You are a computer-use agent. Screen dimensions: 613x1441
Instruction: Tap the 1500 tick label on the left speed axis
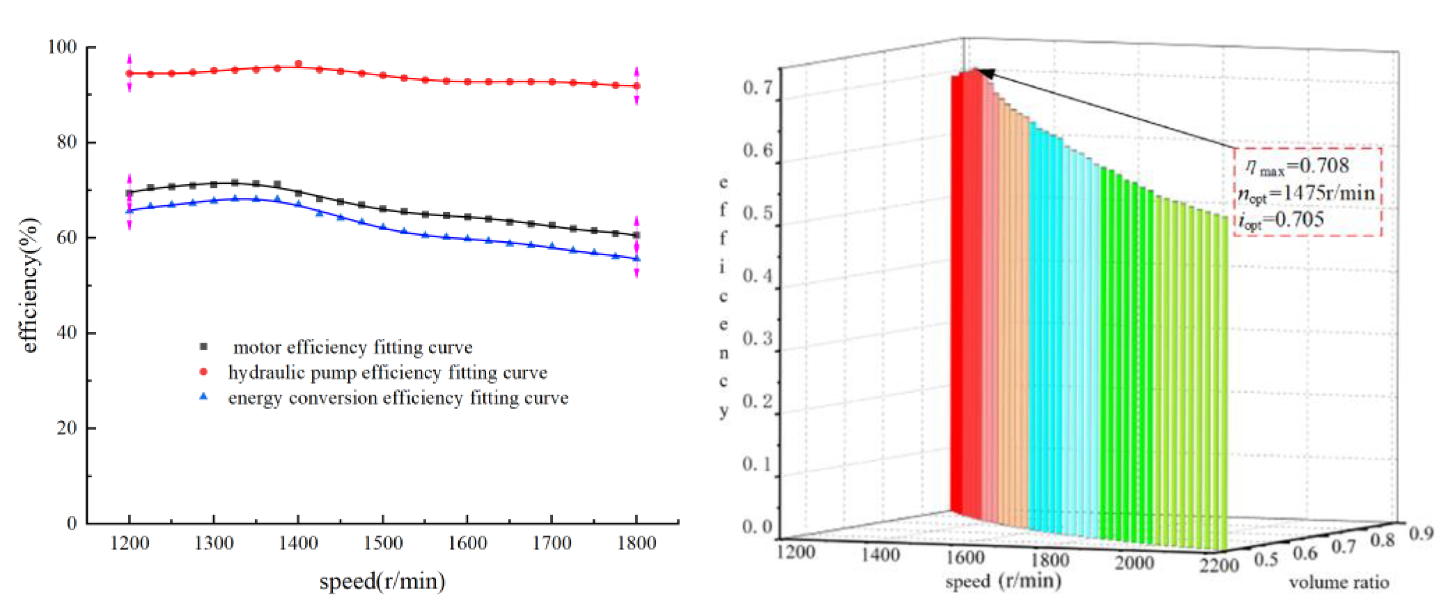pyautogui.click(x=383, y=542)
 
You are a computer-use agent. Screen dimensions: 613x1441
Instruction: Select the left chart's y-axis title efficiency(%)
pyautogui.click(x=30, y=285)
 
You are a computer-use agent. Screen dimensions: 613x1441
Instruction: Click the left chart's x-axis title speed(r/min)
pyautogui.click(x=382, y=581)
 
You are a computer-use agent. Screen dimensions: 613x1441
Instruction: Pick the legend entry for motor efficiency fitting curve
pyautogui.click(x=352, y=347)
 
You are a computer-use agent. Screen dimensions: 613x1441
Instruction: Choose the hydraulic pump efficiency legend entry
pyautogui.click(x=387, y=372)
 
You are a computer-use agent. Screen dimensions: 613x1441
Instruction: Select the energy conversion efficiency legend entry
pyautogui.click(x=398, y=398)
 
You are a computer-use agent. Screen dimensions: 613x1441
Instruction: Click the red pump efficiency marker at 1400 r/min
pyautogui.click(x=298, y=64)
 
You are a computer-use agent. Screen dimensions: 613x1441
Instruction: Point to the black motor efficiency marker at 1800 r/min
pyautogui.click(x=636, y=235)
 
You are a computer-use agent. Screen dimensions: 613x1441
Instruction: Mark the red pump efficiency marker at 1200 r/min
pyautogui.click(x=129, y=73)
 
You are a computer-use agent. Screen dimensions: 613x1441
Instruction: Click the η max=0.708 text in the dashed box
pyautogui.click(x=1297, y=166)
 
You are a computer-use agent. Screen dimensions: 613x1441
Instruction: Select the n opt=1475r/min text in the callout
pyautogui.click(x=1306, y=193)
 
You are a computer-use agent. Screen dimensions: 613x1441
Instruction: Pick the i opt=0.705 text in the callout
pyautogui.click(x=1281, y=219)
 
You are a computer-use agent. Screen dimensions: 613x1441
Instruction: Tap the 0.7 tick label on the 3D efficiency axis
pyautogui.click(x=757, y=87)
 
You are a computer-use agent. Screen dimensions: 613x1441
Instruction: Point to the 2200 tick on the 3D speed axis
pyautogui.click(x=1219, y=565)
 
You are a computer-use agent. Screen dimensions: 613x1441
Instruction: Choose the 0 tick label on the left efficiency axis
pyautogui.click(x=71, y=523)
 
